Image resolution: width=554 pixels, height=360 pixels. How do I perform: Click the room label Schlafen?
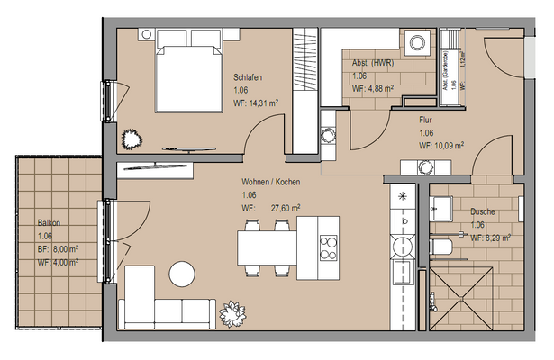pyautogui.click(x=248, y=77)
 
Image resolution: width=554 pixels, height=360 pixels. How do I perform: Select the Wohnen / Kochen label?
pyautogui.click(x=270, y=182)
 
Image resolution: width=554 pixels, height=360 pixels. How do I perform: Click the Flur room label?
pyautogui.click(x=426, y=119)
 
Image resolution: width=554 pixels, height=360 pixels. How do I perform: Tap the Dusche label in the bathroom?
pyautogui.click(x=482, y=212)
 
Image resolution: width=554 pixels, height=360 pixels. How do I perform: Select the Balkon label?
pyautogui.click(x=49, y=222)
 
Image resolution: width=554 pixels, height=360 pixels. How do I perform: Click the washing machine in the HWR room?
pyautogui.click(x=417, y=42)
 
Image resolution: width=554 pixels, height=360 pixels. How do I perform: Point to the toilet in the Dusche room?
pyautogui.click(x=441, y=247)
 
